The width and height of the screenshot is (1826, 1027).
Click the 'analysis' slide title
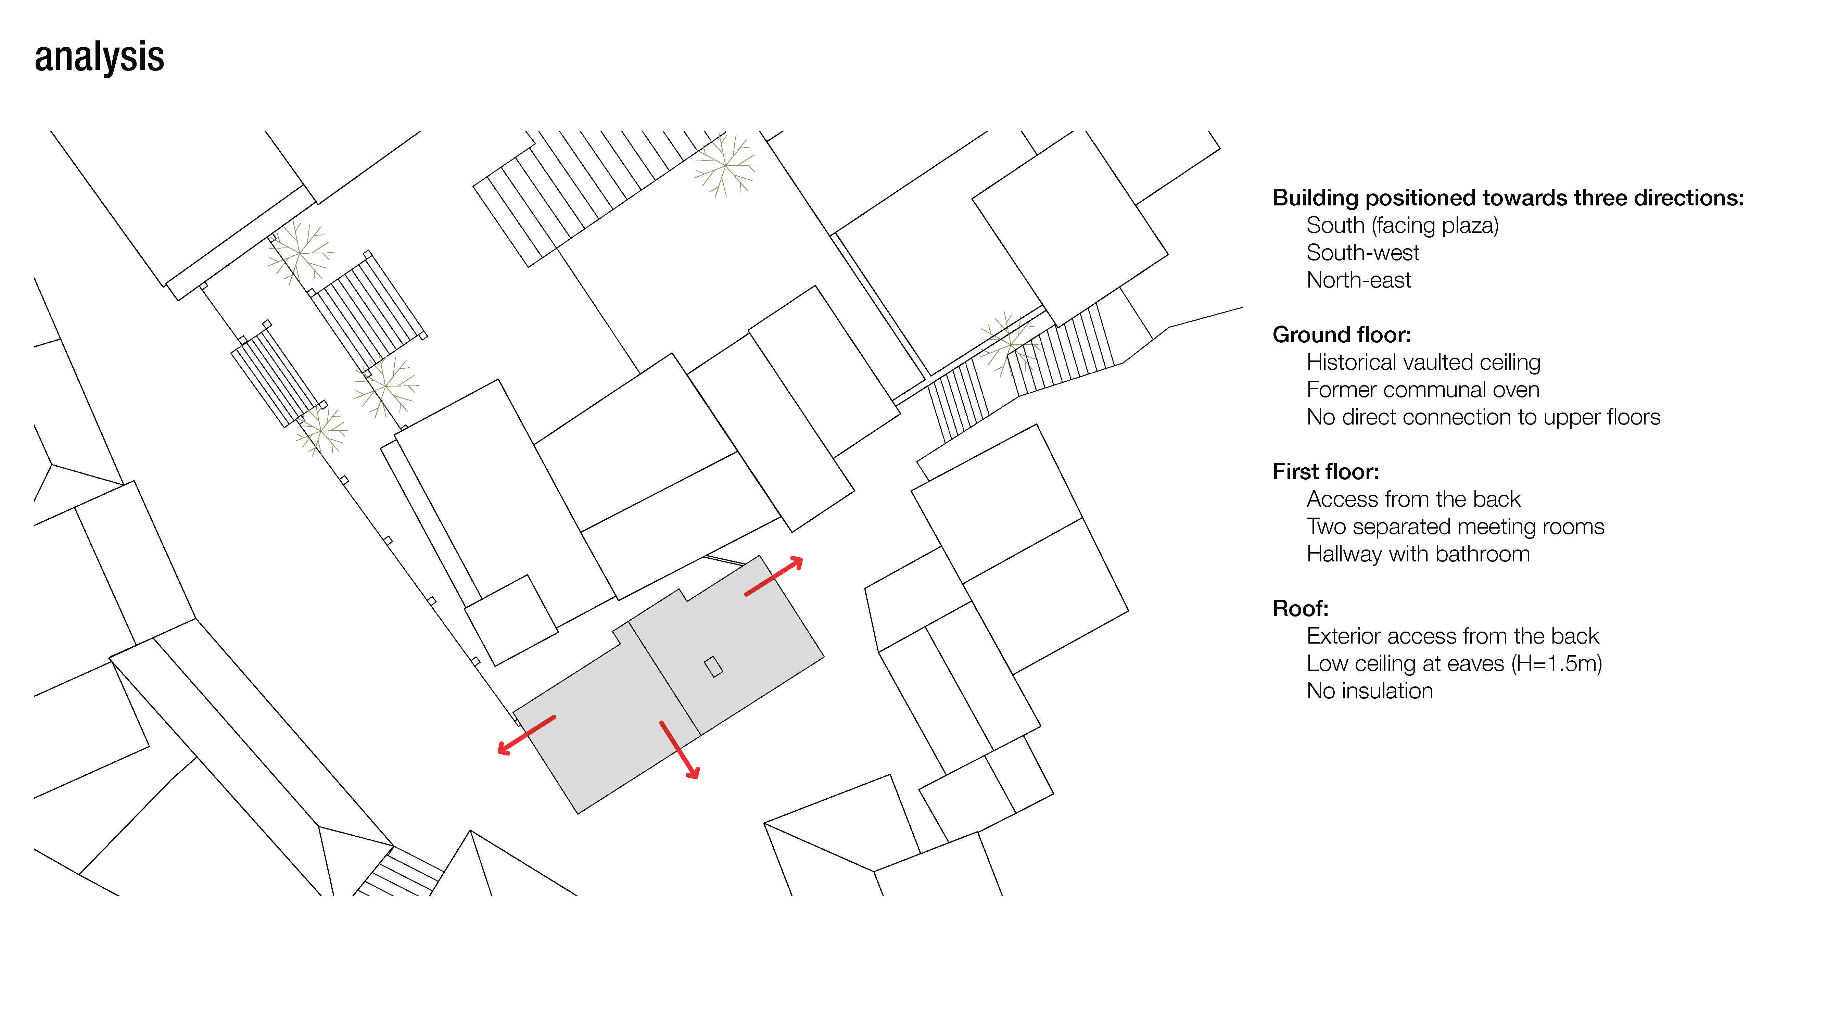click(99, 57)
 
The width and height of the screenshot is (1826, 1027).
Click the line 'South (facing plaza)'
click(1402, 225)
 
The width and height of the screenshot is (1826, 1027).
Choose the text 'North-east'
click(1358, 280)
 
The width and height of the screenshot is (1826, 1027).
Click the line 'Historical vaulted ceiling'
click(1423, 362)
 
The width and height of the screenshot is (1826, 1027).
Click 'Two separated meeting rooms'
click(1455, 527)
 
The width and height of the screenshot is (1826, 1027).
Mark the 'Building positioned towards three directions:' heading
click(1508, 198)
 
